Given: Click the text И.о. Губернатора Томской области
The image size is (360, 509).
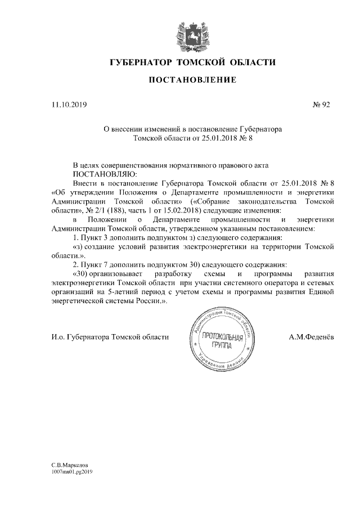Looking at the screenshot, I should coord(110,337).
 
